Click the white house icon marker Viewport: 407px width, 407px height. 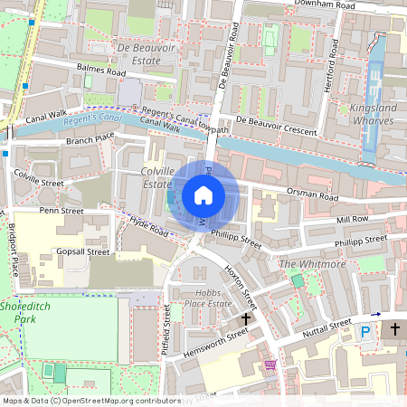(x=203, y=195)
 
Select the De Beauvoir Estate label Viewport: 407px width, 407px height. (x=138, y=53)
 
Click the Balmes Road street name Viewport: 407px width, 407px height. (x=101, y=71)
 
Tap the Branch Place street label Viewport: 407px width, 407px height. (x=90, y=139)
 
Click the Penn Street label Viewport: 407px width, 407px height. (x=62, y=211)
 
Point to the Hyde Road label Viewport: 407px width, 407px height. (x=150, y=227)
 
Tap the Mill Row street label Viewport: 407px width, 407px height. (x=352, y=219)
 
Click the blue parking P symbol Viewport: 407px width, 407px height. (x=365, y=333)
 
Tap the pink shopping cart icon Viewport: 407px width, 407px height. (x=270, y=364)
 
